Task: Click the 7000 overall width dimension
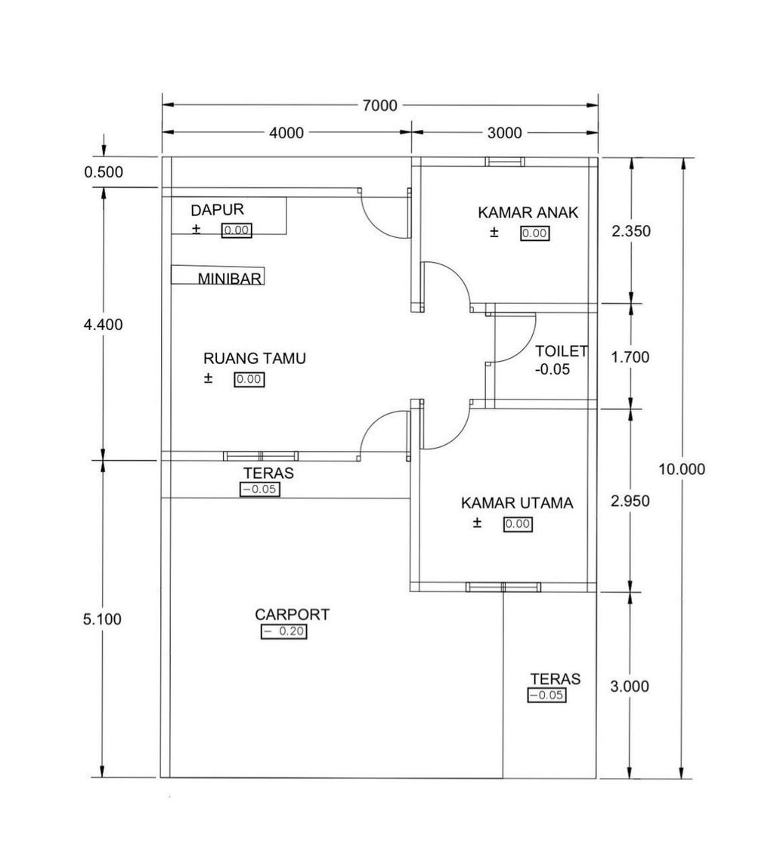(x=379, y=105)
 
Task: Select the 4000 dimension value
(x=286, y=133)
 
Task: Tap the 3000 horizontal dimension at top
(x=505, y=133)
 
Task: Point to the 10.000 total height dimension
(x=682, y=469)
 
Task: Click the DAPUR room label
(x=218, y=209)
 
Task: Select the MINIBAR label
(x=230, y=278)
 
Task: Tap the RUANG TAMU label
(x=255, y=358)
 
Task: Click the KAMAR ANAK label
(x=528, y=212)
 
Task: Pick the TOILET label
(x=562, y=351)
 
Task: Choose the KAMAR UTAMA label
(x=517, y=503)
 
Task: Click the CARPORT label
(x=292, y=614)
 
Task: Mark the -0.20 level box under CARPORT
(x=283, y=631)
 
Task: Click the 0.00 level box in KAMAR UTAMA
(x=518, y=523)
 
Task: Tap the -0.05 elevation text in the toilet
(x=552, y=369)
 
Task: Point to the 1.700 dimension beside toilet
(x=630, y=356)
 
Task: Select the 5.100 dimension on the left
(x=102, y=619)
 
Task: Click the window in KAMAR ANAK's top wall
(x=505, y=162)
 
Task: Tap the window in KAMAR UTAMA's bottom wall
(x=503, y=588)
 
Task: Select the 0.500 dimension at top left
(x=104, y=172)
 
